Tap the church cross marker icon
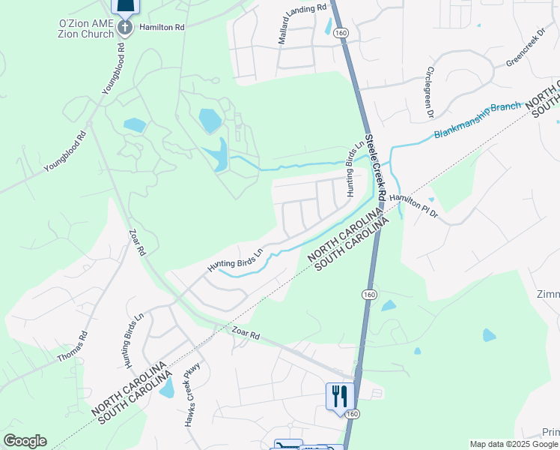[125, 28]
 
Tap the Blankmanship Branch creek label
[477, 120]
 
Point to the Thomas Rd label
[72, 346]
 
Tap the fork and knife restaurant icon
[340, 395]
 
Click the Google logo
[25, 441]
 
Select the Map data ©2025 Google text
[514, 444]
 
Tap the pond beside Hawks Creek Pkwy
[167, 387]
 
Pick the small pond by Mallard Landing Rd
[328, 25]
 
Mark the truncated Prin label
[550, 433]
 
